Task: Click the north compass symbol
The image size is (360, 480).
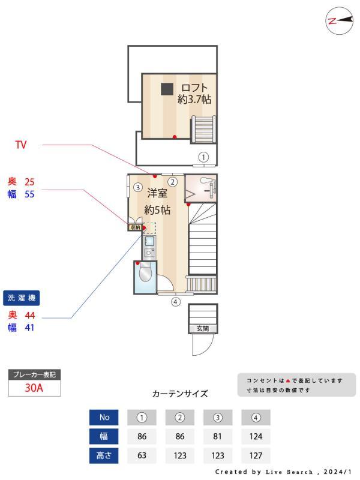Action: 338,20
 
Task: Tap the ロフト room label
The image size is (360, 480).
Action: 194,88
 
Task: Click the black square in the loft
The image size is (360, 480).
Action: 167,88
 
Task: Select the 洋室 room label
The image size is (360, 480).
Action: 157,194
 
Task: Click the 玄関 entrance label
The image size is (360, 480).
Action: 202,328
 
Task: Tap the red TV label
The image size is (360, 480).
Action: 20,145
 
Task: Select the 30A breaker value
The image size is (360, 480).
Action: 34,388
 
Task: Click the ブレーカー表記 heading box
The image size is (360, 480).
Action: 34,375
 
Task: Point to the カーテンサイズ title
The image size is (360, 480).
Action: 180,394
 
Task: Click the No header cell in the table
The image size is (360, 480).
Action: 104,417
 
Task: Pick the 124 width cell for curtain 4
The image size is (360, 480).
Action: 256,437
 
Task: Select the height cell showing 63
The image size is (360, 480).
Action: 142,455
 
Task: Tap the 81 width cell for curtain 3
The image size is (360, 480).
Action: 218,437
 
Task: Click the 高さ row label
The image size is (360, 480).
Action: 104,455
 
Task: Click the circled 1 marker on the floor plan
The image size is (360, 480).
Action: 204,157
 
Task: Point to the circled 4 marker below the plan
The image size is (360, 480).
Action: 175,302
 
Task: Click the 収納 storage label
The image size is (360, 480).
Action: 135,227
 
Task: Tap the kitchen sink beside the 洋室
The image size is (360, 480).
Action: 149,242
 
